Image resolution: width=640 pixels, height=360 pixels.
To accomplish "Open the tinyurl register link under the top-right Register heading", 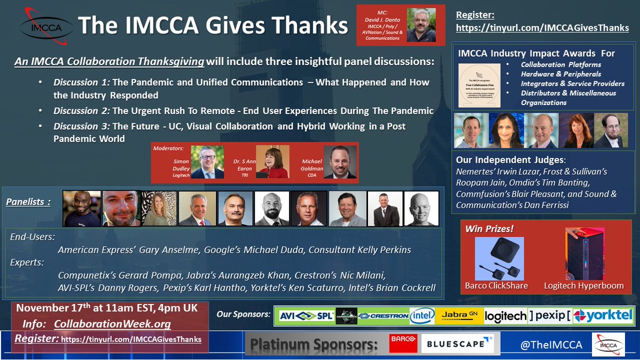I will coord(542,28).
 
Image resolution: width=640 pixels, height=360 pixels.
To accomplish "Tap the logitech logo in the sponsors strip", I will coord(505,316).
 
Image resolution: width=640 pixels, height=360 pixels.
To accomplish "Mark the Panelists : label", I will coord(28,202).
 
